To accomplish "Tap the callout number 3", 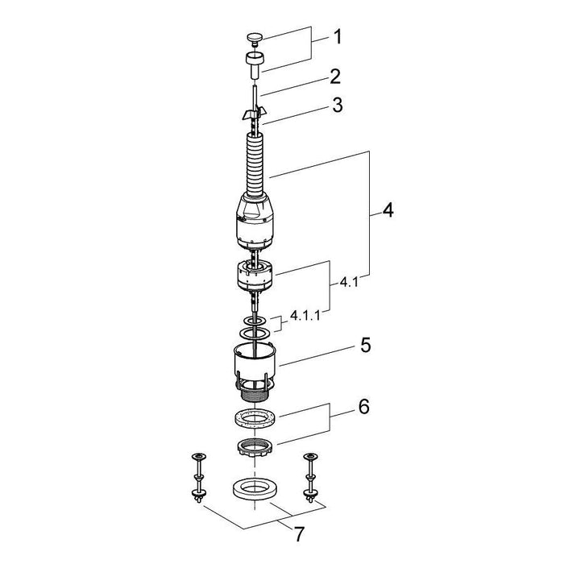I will (x=336, y=104).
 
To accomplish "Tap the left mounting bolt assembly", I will (x=197, y=477).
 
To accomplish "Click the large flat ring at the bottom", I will (x=255, y=487).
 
